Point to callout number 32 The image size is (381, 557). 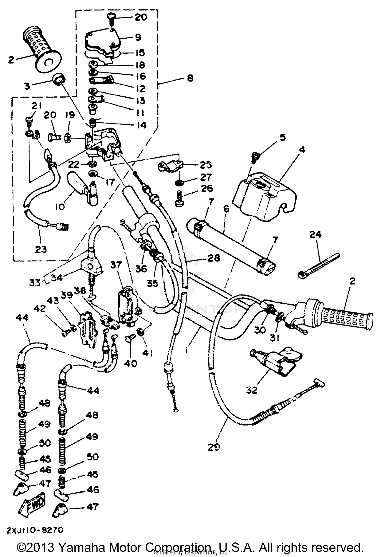click(252, 390)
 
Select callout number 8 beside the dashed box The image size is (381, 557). click(190, 78)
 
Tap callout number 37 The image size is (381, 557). click(116, 265)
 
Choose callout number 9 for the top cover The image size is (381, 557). click(138, 37)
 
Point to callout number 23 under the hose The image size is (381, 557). click(41, 249)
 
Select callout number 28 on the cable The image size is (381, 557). click(213, 258)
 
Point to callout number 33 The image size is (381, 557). click(35, 283)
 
